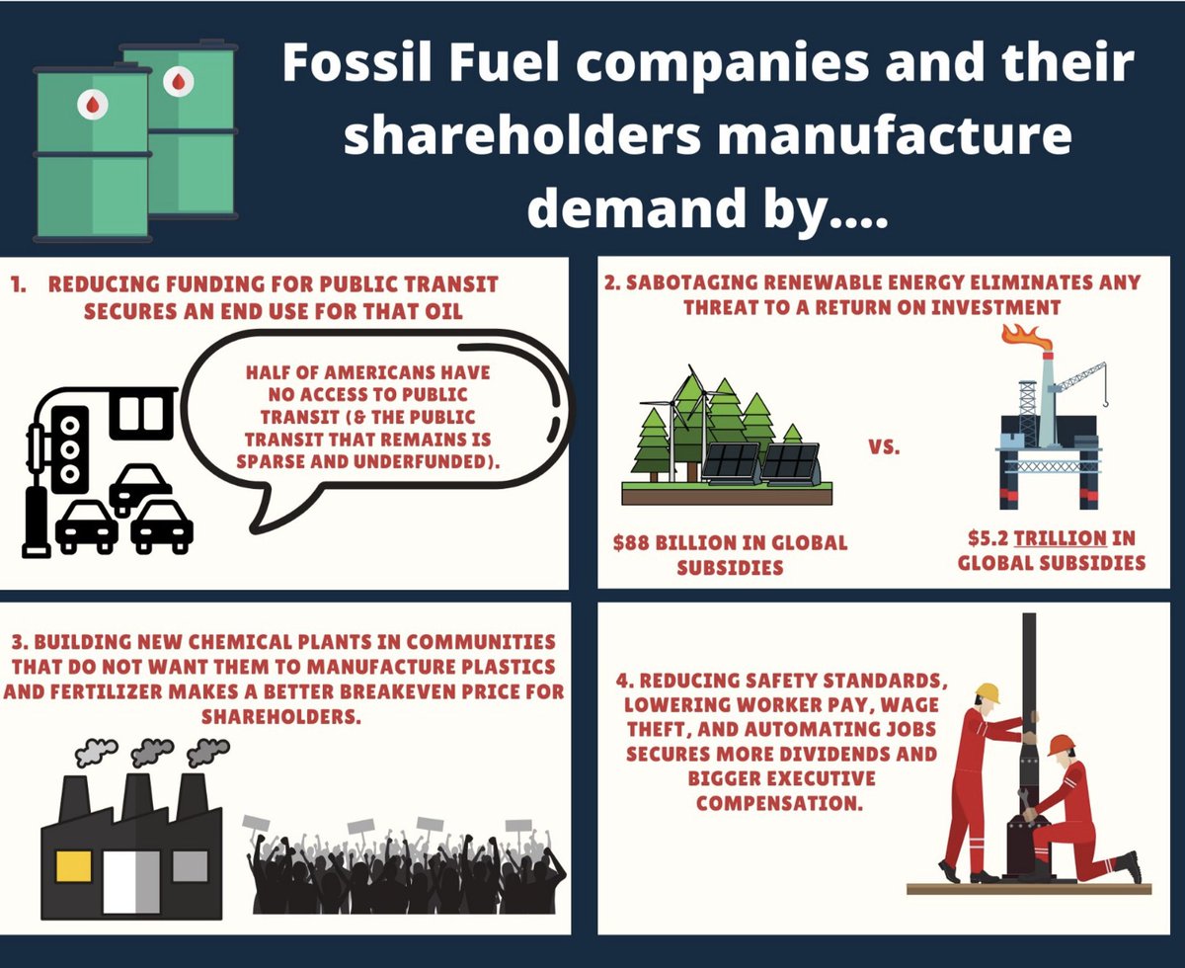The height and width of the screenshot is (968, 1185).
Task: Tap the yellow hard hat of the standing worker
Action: click(987, 692)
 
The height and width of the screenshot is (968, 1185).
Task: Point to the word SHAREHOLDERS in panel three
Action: click(281, 716)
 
